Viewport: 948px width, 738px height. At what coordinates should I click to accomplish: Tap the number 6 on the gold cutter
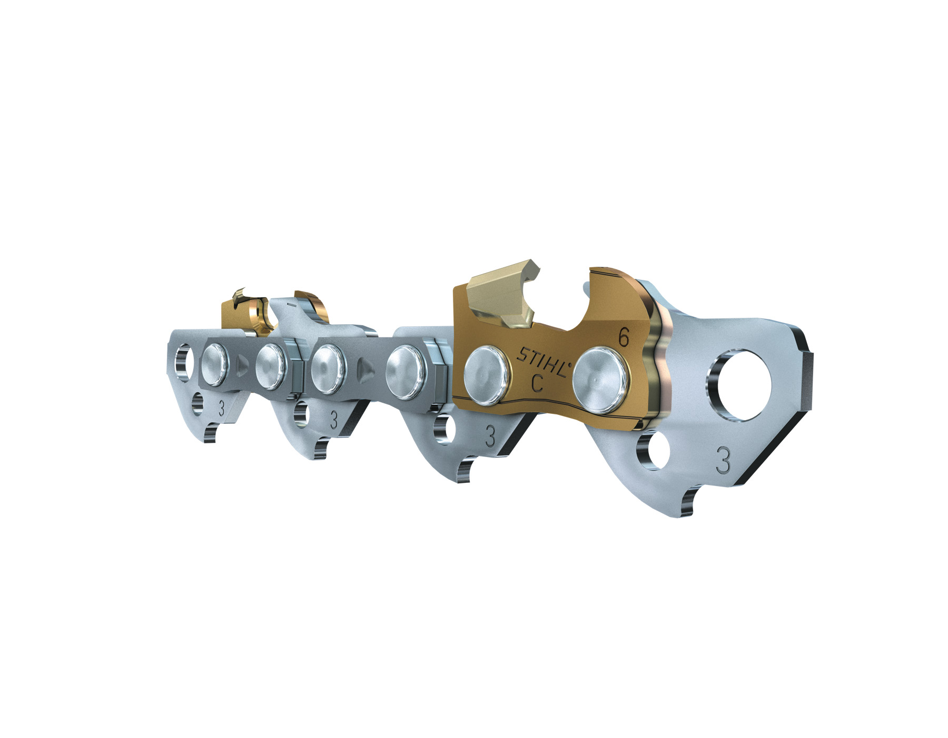(x=624, y=337)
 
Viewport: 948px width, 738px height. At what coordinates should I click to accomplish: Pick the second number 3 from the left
(x=333, y=420)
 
